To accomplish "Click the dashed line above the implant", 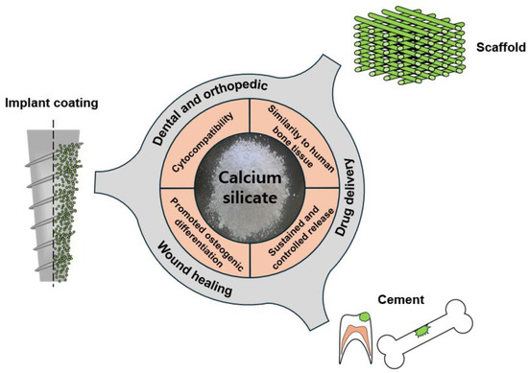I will [x=51, y=126].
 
